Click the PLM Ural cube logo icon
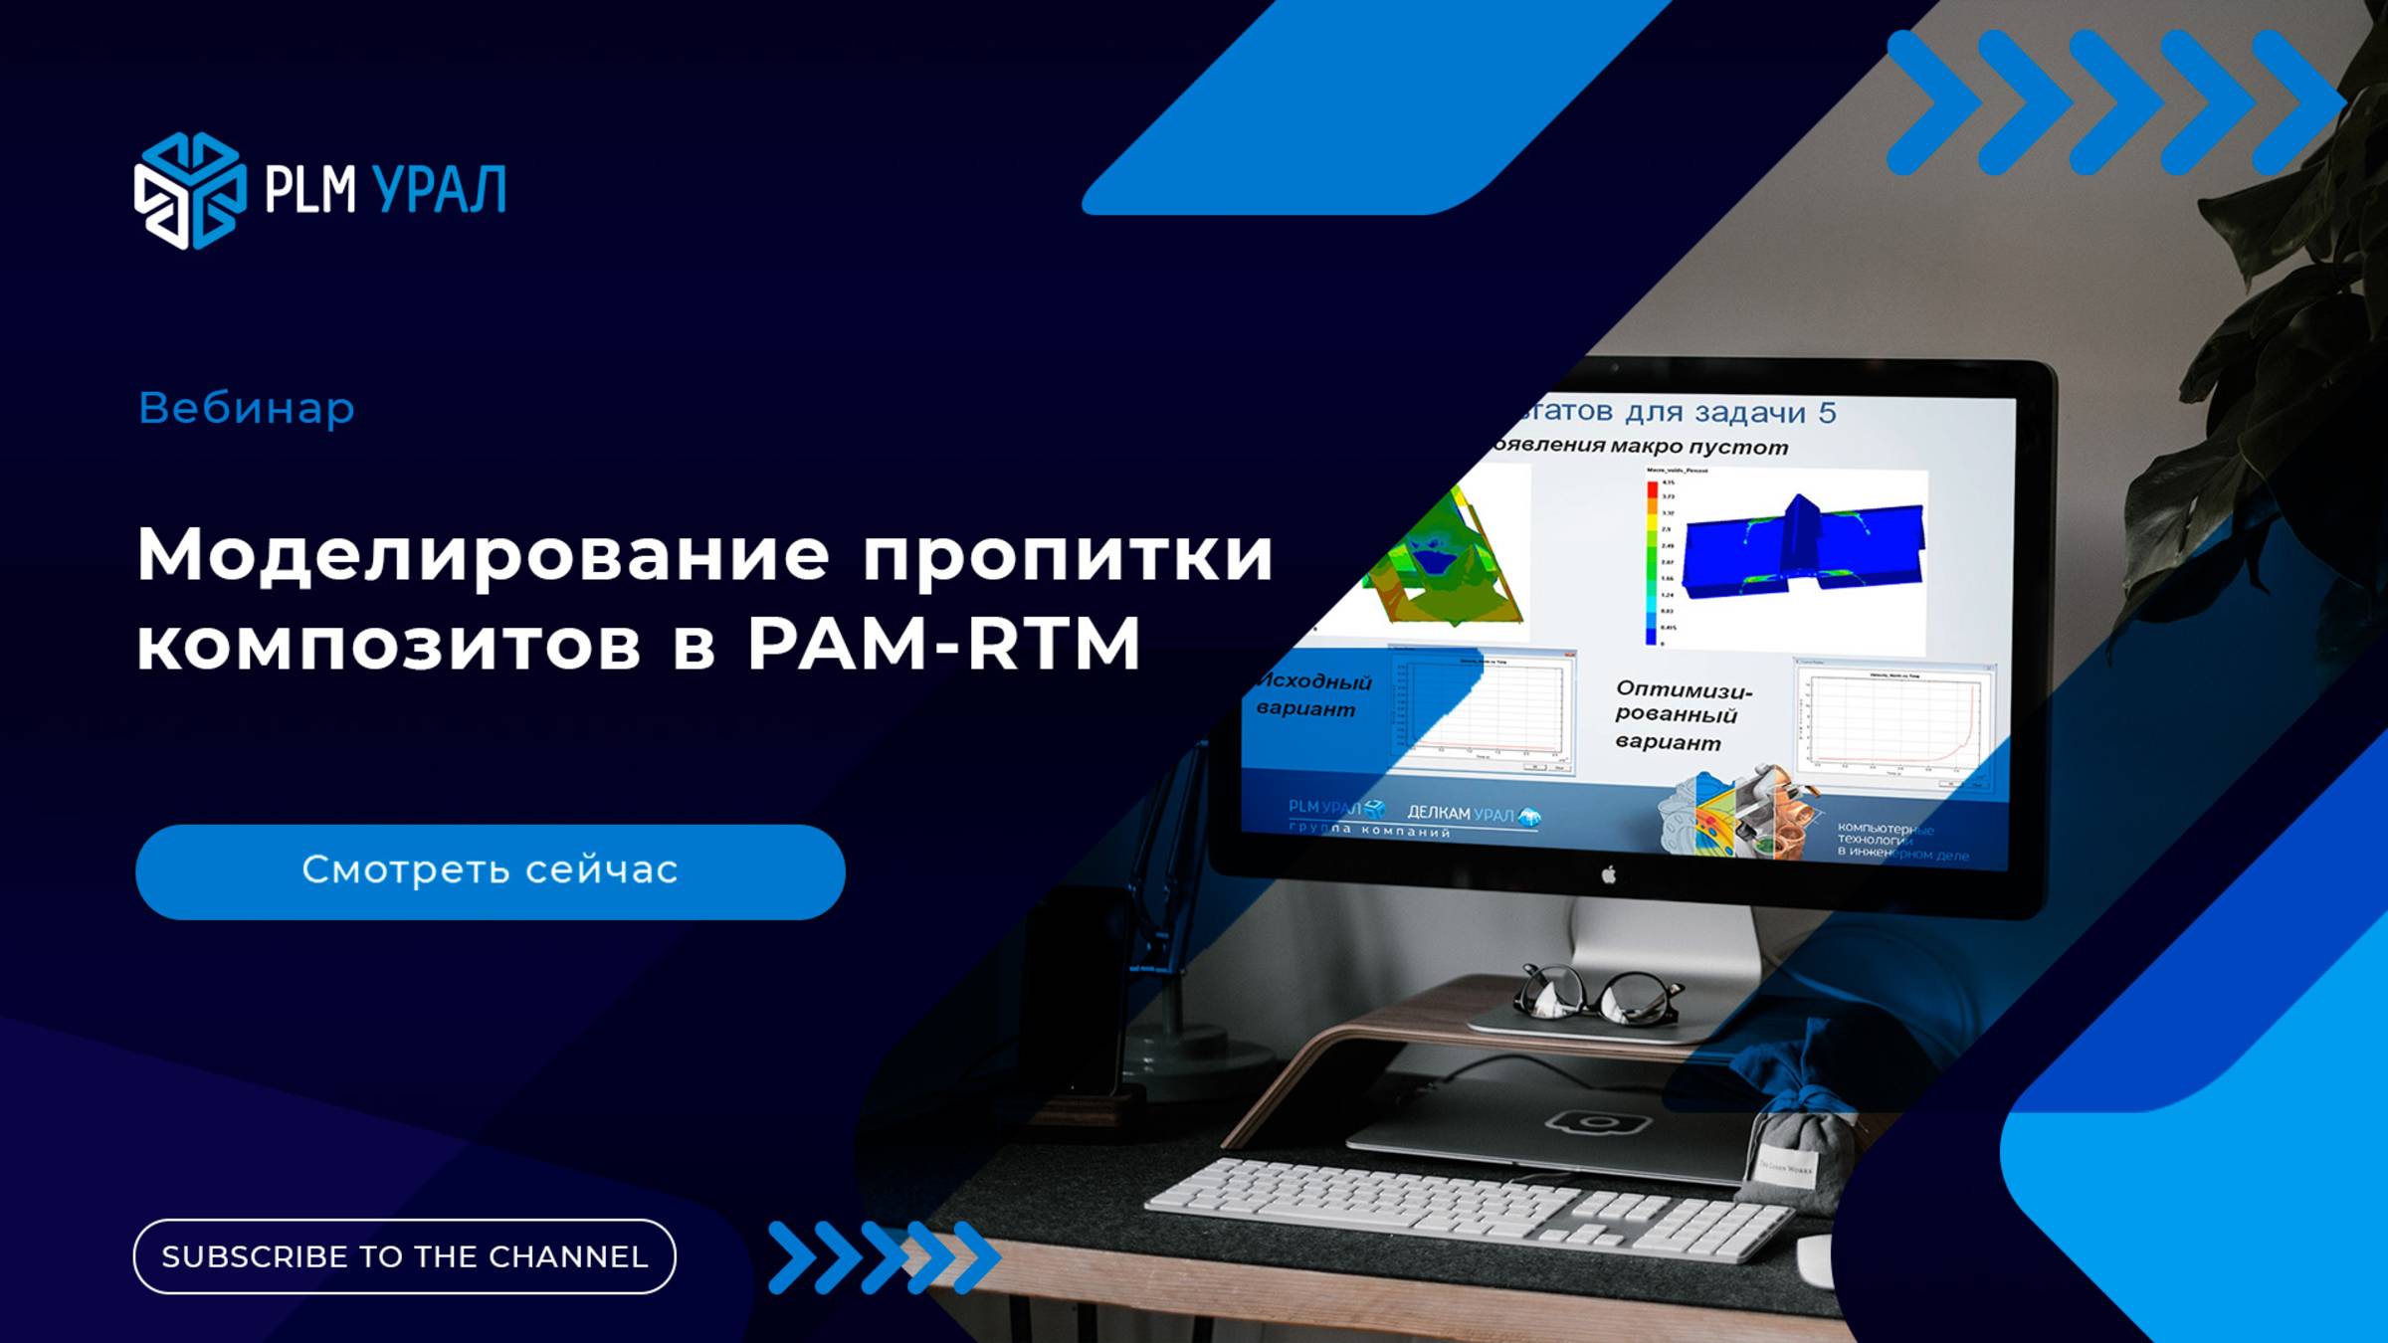point(189,190)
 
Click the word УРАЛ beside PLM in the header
point(439,189)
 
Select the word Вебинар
point(247,408)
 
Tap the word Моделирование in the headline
point(484,555)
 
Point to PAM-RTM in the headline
point(943,645)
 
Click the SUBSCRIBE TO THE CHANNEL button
point(404,1256)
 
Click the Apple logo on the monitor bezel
point(1609,874)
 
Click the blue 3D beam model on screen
point(1801,547)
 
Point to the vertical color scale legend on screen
point(1653,562)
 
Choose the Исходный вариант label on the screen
point(1313,694)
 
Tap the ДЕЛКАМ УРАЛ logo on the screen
point(1473,815)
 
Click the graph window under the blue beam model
point(1892,724)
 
